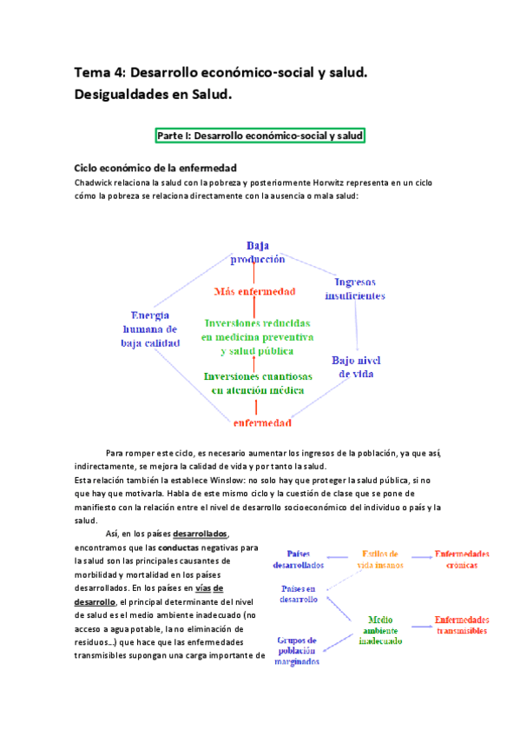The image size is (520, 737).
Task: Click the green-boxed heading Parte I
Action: pos(260,136)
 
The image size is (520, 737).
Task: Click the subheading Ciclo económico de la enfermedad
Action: pos(155,168)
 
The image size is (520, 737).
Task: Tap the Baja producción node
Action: pos(257,252)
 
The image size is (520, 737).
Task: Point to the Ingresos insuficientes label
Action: pos(354,289)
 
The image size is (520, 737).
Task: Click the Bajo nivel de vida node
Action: pos(356,367)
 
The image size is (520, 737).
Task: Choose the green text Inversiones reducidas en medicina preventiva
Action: pos(257,336)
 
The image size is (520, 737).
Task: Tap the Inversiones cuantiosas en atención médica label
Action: pos(257,383)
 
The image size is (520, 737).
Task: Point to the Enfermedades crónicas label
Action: pos(462,559)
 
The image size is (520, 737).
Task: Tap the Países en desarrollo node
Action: pos(299,594)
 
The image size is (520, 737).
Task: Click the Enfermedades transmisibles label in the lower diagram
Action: pos(461,626)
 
